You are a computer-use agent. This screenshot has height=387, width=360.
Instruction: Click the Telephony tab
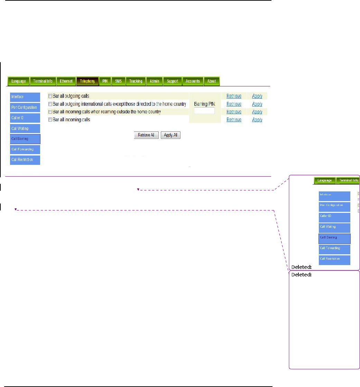(x=87, y=81)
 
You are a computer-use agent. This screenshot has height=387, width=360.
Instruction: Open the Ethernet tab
(x=66, y=81)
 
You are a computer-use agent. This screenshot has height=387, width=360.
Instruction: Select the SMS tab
(x=118, y=81)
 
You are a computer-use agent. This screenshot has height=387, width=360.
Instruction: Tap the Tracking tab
(x=136, y=81)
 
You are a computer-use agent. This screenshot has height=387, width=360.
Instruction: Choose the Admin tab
(x=155, y=81)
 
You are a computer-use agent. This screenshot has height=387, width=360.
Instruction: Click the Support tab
(x=173, y=81)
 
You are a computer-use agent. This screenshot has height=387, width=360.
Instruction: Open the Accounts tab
(x=193, y=81)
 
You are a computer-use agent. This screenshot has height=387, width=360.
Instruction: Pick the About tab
(x=212, y=81)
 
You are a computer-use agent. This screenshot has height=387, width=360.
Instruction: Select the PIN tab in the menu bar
(x=105, y=81)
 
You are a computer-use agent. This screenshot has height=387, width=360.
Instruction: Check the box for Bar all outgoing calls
(x=50, y=96)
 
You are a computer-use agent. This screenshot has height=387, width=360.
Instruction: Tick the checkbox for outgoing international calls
(x=50, y=104)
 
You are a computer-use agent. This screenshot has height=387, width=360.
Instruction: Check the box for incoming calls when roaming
(x=50, y=112)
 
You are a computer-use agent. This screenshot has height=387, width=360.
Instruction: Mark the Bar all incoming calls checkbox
(x=50, y=120)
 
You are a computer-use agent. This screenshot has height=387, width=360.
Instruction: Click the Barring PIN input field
(x=204, y=111)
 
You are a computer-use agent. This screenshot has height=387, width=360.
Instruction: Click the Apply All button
(x=170, y=135)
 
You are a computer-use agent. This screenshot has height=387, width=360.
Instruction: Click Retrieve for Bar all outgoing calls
(x=234, y=96)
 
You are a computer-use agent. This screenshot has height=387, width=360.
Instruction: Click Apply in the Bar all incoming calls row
(x=257, y=120)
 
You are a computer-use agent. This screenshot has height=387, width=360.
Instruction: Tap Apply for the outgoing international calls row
(x=257, y=104)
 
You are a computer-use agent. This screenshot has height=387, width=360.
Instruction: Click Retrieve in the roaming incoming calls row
(x=234, y=112)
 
